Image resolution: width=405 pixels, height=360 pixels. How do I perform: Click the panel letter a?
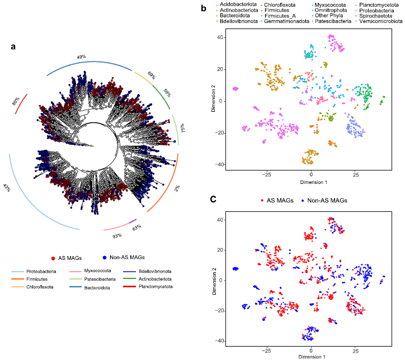coord(13,46)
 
